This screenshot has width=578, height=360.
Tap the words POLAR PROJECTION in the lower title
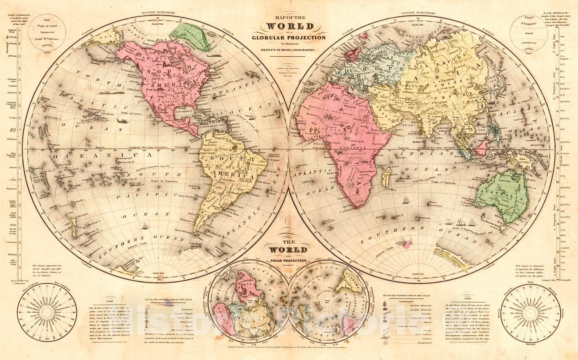(290, 260)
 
